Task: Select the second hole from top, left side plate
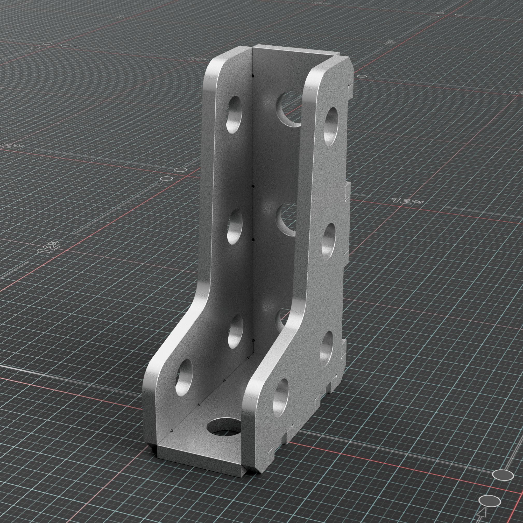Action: pos(235,227)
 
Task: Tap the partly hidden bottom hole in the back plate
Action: pos(281,320)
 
